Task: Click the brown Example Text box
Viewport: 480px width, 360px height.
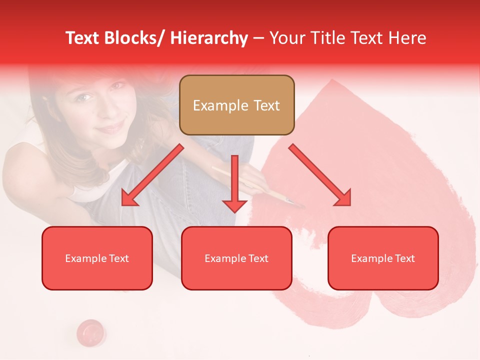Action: tap(236, 105)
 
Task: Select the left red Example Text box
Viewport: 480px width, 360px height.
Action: tap(97, 258)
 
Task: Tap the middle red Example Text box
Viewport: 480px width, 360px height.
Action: tap(236, 258)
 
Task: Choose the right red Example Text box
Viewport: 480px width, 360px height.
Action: tap(383, 258)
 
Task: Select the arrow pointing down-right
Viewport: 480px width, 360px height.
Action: tap(320, 175)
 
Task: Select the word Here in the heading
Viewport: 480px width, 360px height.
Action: tap(407, 38)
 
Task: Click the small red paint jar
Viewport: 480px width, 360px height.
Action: tap(91, 331)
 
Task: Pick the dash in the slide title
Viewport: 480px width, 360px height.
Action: tap(258, 38)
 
